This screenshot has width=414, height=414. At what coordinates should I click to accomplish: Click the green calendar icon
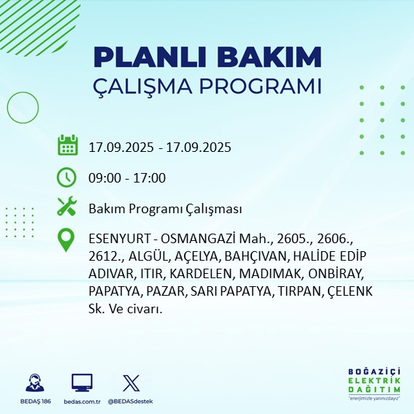point(67,146)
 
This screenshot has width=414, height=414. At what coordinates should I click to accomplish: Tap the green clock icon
point(67,177)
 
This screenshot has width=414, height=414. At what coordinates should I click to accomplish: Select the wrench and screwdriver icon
point(67,208)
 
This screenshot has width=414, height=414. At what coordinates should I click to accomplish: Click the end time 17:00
point(150,178)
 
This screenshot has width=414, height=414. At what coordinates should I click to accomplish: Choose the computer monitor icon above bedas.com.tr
point(82,383)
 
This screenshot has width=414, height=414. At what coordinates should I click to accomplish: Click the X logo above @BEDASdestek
point(131,383)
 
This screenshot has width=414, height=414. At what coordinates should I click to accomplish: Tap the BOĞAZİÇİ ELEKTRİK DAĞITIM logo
point(374,384)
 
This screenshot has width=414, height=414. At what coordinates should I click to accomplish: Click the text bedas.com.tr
point(82,402)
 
